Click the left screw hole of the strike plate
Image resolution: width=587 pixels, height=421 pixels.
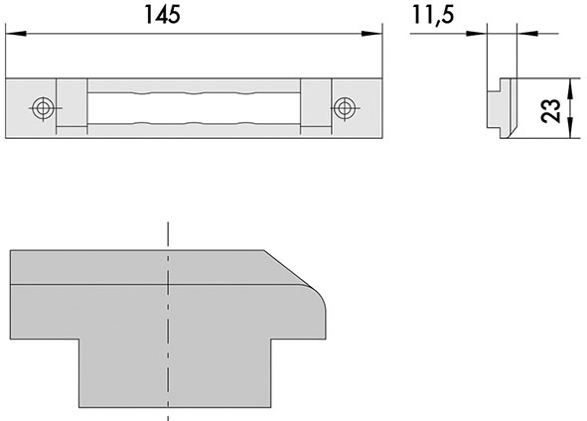(x=41, y=106)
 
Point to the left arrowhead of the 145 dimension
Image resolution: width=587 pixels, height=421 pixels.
(x=12, y=35)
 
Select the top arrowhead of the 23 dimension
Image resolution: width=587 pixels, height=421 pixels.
(x=570, y=83)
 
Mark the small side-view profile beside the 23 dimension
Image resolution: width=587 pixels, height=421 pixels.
(x=504, y=107)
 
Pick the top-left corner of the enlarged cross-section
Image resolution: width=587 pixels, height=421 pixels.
(x=10, y=250)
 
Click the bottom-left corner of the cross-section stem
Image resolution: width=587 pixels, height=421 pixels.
(x=80, y=407)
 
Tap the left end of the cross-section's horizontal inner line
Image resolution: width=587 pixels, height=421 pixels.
(x=10, y=285)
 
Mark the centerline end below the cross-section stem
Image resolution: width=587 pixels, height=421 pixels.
(x=169, y=418)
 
